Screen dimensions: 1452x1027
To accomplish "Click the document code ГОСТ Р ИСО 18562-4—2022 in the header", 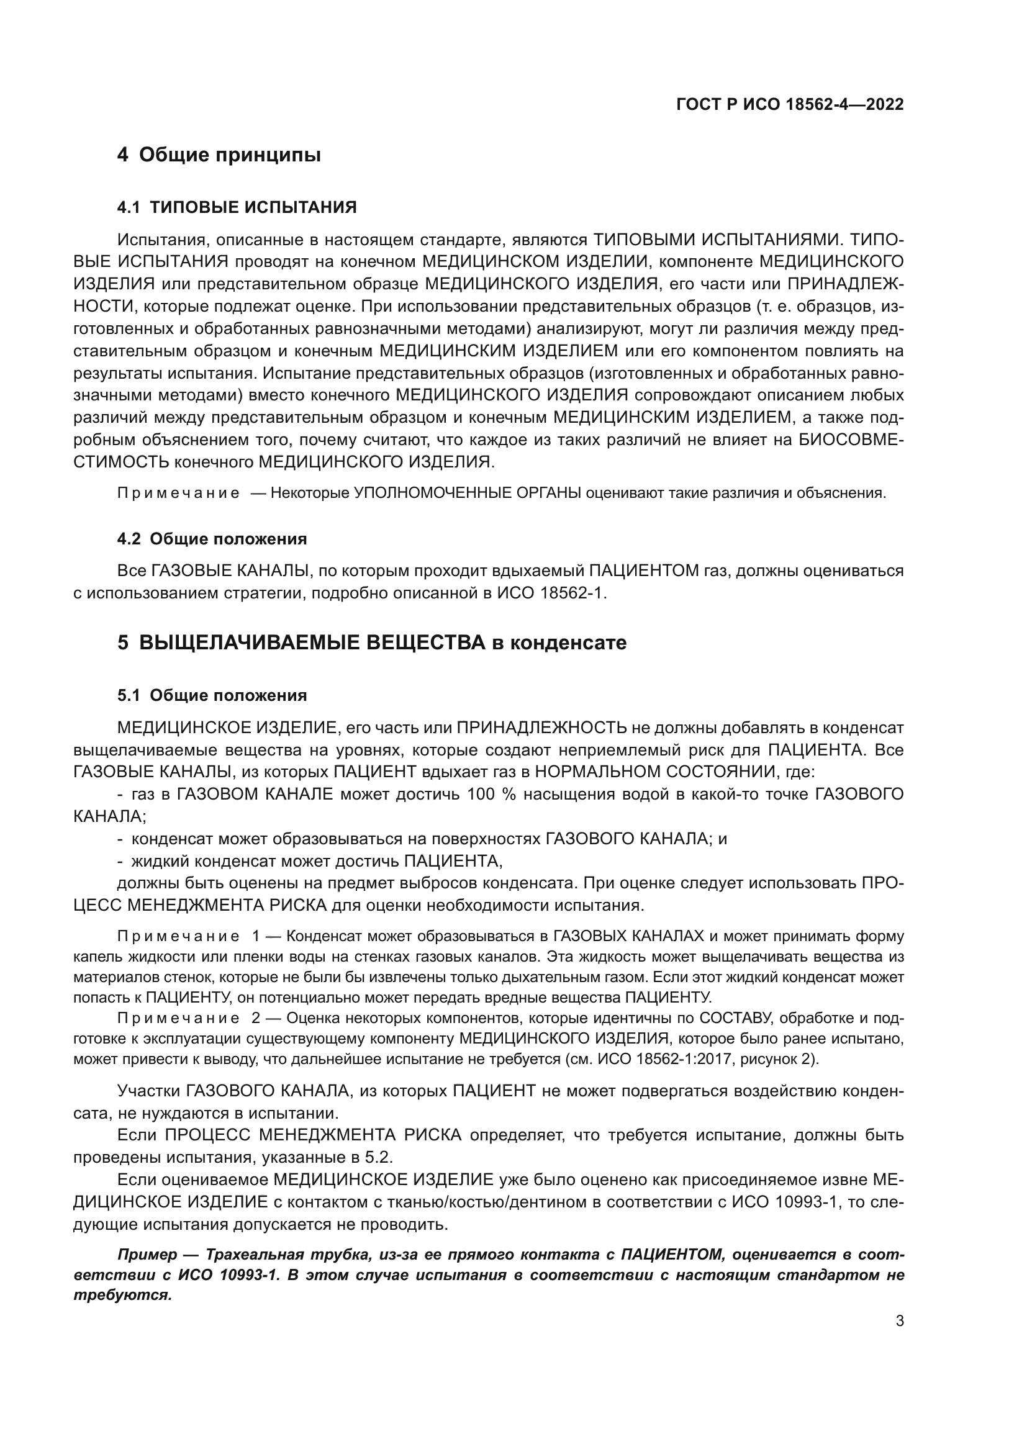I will (789, 105).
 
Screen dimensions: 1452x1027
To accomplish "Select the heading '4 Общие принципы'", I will (219, 155).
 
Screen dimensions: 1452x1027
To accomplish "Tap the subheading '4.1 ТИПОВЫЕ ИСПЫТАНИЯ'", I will (237, 207).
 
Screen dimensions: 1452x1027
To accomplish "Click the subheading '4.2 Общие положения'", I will (212, 539).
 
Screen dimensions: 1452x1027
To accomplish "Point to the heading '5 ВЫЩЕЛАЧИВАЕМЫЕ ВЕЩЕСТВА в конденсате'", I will (372, 643).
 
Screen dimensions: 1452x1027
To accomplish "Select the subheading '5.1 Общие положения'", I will (212, 696).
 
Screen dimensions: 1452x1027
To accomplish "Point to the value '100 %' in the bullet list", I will (492, 795).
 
